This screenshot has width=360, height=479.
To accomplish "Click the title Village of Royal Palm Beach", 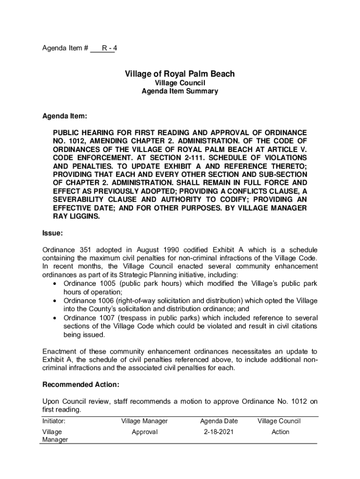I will coord(180,74).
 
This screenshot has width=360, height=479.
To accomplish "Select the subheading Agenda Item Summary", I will coord(180,92).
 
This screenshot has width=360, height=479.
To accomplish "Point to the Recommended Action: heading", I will coord(80,385).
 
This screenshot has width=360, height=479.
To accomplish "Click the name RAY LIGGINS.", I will coord(76,217).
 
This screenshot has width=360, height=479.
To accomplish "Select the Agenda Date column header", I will coord(219,421).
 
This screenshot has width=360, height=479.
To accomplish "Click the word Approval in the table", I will coord(144,432).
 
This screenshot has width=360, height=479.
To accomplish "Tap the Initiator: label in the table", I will coord(54,421).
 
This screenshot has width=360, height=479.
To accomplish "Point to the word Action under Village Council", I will coord(281,432).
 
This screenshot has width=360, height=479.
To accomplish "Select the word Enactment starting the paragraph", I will coord(61,351).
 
